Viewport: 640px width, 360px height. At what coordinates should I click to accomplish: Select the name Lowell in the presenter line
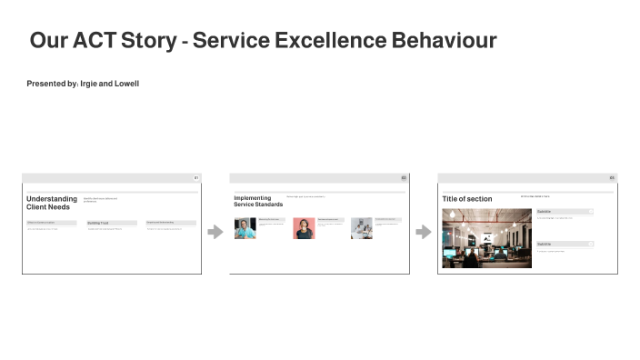click(x=126, y=84)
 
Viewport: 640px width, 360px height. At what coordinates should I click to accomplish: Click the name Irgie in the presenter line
click(x=89, y=84)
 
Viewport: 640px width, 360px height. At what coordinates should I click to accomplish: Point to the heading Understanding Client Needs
click(x=52, y=203)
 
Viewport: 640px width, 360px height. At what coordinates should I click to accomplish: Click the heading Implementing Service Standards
click(x=258, y=201)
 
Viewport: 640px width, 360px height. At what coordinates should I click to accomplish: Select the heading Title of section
click(x=467, y=199)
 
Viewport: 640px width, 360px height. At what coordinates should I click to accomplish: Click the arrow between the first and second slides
click(x=215, y=232)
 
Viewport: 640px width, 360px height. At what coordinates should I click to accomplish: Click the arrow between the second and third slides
click(x=423, y=232)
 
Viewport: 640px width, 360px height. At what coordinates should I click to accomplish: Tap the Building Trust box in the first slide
click(x=111, y=223)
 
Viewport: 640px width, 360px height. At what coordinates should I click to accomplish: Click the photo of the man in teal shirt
click(x=245, y=228)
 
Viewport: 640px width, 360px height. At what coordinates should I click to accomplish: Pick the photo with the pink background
click(x=304, y=228)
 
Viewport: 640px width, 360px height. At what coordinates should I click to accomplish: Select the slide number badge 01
click(x=196, y=177)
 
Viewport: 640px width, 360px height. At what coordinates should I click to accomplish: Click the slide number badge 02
click(x=404, y=177)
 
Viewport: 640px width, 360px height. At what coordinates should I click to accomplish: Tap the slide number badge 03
click(x=612, y=177)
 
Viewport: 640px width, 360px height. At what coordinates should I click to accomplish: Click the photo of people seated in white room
click(x=361, y=228)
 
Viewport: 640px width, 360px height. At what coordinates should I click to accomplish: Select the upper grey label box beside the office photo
click(x=565, y=211)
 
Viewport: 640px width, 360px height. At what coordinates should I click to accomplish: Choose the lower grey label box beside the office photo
click(x=565, y=244)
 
